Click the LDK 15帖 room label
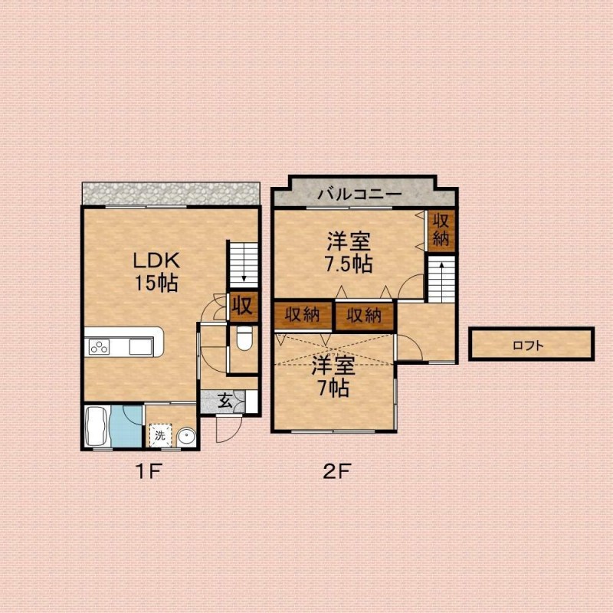click(x=156, y=272)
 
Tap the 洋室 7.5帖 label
click(x=349, y=252)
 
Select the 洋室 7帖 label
click(x=333, y=376)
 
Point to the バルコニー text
click(x=359, y=195)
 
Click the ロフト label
click(x=528, y=346)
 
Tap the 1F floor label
click(x=148, y=471)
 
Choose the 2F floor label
click(x=337, y=471)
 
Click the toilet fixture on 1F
click(x=244, y=338)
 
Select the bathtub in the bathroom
click(x=97, y=426)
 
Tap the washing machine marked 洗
click(x=160, y=434)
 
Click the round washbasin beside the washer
click(x=186, y=437)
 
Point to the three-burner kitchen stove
click(x=99, y=347)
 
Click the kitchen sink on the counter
click(x=140, y=347)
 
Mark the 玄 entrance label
click(x=225, y=401)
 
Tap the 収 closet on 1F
click(x=244, y=306)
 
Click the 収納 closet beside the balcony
click(x=441, y=231)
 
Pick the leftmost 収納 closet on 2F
click(x=302, y=315)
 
